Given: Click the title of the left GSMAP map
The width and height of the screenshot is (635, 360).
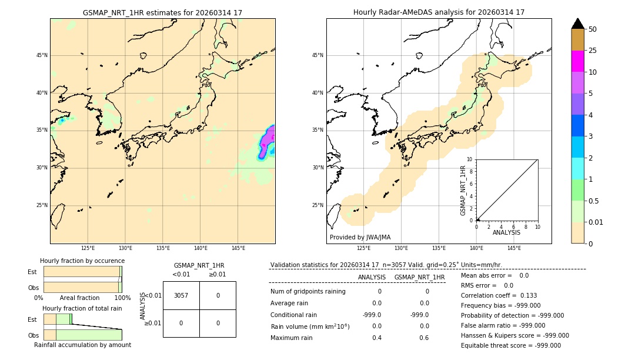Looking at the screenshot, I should coord(162,12).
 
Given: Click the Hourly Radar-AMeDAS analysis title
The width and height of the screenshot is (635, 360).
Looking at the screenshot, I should coord(439,12).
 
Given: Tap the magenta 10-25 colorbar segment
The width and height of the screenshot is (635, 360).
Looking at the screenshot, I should coord(577,61).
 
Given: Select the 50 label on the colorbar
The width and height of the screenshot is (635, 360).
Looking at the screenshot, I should coord(593,29).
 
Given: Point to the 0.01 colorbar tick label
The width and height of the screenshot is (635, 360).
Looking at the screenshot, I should coord(596,222).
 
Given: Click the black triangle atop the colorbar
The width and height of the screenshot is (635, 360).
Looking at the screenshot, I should coord(577,24).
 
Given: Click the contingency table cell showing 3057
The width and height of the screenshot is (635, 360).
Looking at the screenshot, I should coord(181,295).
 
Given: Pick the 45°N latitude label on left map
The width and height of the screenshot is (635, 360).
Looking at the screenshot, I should coord(42,55).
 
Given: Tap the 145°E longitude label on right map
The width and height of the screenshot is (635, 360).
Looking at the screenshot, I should coord(514,248).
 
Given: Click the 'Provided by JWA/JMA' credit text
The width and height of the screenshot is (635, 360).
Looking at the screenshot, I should coord(360,237).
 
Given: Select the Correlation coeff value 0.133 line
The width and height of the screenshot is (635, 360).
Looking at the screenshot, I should coord(499,295).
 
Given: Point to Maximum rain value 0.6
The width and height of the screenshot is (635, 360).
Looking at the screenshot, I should coord(424,338).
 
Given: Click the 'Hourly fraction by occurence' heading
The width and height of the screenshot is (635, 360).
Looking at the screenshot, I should coord(82,261).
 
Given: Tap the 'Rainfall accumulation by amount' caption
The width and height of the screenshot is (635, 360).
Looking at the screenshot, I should coord(82,345).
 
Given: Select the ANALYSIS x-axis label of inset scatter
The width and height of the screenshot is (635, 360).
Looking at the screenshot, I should coord(506,232).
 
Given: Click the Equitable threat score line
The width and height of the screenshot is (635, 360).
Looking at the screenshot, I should coord(510,345).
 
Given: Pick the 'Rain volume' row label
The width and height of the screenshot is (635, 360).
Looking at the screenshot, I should coord(310,326).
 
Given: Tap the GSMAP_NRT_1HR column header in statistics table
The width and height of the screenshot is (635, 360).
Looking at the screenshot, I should coord(419,277).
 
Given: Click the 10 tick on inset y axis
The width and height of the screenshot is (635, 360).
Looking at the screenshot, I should coord(470,159).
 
